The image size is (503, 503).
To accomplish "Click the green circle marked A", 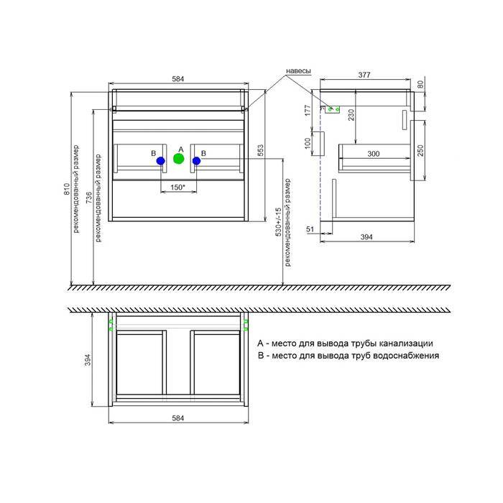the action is (179, 159).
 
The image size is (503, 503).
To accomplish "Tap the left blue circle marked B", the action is (161, 161).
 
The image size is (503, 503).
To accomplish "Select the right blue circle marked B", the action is (196, 161).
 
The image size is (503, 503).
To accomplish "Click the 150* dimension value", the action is (178, 187).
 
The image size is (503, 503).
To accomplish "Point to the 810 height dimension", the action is (67, 189).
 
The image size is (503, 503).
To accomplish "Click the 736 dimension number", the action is (89, 198).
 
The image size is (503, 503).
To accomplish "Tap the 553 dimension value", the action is (260, 150).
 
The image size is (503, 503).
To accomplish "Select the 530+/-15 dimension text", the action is (278, 221).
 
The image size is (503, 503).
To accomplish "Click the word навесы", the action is (298, 71).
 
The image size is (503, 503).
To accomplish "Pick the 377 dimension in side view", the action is (364, 75).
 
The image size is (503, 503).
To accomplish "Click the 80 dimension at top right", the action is (420, 84).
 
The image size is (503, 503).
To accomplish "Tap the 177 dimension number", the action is (308, 110).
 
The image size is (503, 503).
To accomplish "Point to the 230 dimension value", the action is (351, 115).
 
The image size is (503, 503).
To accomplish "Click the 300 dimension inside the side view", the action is (374, 154).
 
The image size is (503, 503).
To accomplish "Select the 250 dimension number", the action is (420, 150).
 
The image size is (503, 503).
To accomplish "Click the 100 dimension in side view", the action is (308, 143).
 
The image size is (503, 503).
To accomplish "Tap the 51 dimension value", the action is (310, 229).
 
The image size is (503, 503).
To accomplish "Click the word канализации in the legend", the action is (406, 343).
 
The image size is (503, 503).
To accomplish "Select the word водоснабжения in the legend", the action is (407, 356).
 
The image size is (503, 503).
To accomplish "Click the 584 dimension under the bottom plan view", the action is (178, 418).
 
